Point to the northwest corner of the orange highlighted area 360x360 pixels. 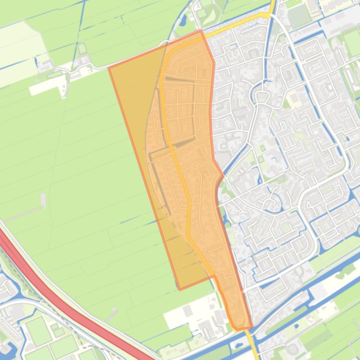pos(109,68)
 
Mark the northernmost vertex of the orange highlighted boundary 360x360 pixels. pos(201,31)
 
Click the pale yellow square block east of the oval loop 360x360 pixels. pos(294,98)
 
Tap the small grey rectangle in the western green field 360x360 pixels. pos(44,201)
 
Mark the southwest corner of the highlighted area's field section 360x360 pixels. pos(180,289)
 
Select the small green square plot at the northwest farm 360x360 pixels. pos(82,49)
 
